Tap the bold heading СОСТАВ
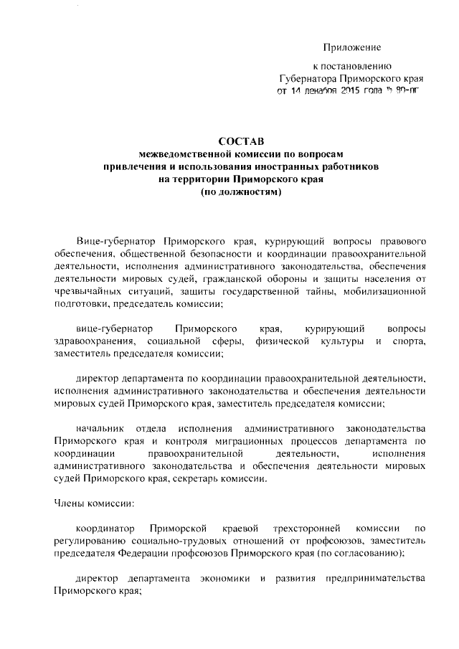point(240,143)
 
